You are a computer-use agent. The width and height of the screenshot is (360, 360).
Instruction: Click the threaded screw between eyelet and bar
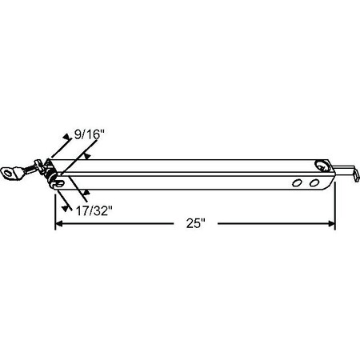(34, 169)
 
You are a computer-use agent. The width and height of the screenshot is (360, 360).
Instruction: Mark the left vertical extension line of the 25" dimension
(54, 208)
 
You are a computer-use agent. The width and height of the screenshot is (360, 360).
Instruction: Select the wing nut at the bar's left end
(50, 169)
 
